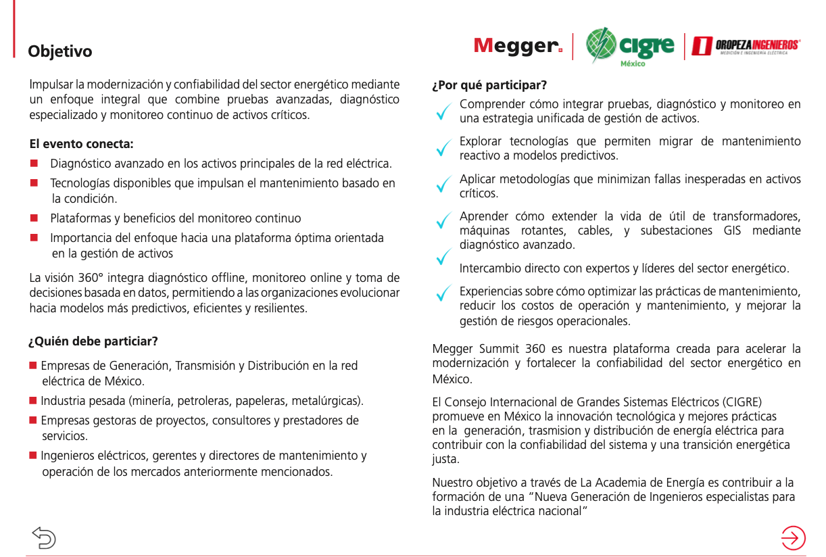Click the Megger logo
tap(518, 46)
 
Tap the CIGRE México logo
tap(630, 47)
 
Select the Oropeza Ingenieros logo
tap(746, 46)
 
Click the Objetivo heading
tap(60, 51)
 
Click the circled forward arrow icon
tap(793, 537)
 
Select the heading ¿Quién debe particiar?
tap(93, 341)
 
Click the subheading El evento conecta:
tap(81, 144)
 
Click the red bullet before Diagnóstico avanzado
tap(34, 164)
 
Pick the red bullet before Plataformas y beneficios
tap(34, 218)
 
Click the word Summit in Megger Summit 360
tap(499, 349)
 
